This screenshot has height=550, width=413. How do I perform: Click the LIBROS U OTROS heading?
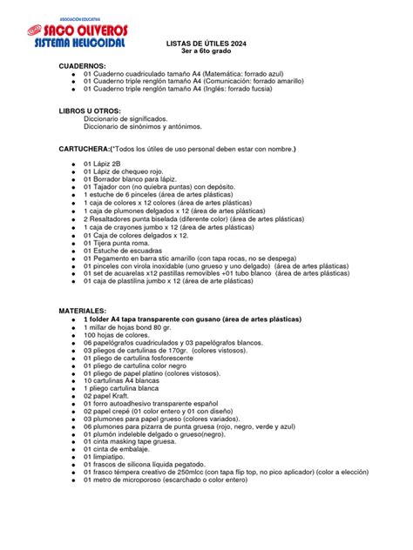89,111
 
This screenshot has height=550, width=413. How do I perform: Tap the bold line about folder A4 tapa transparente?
207,318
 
